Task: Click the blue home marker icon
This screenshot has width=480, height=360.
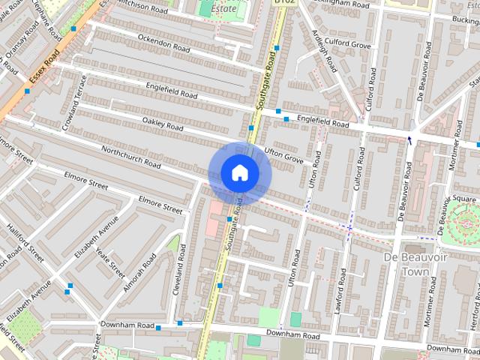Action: (x=239, y=172)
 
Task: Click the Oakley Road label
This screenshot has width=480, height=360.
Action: (x=163, y=124)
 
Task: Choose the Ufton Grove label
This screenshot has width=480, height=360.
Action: (x=283, y=155)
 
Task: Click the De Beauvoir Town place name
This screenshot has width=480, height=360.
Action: (x=409, y=264)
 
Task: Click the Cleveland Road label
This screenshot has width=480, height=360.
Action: (x=180, y=268)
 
